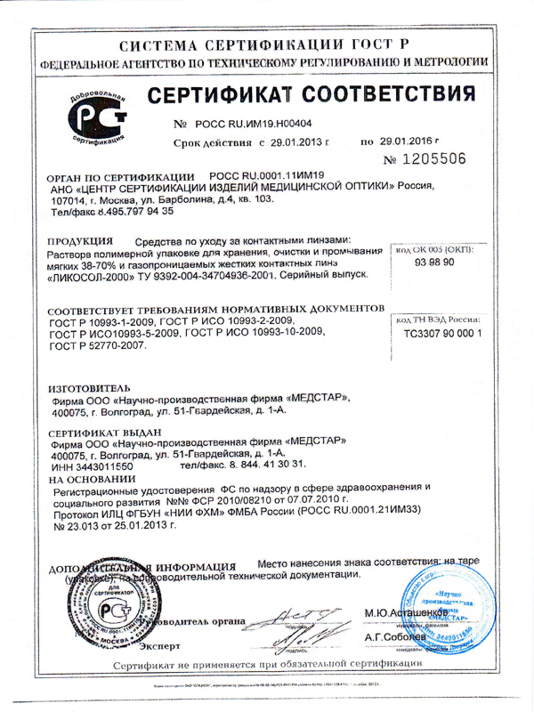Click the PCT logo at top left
95,120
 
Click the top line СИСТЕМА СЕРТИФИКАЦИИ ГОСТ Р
267,41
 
